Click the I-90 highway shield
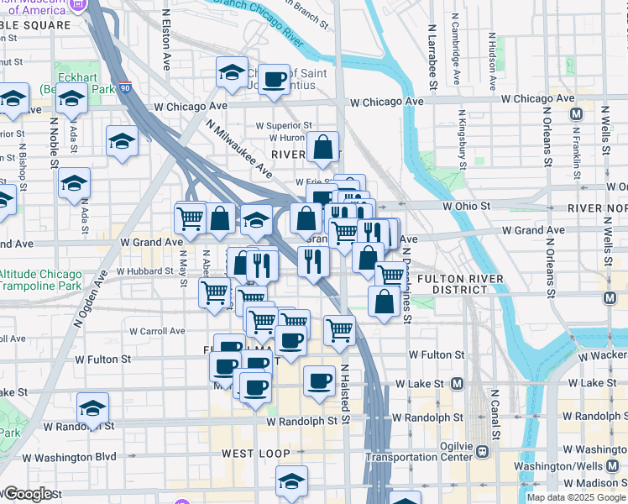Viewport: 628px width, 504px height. pos(124,87)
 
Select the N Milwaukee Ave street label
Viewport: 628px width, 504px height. pos(240,147)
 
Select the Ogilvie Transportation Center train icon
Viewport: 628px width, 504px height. pos(482,452)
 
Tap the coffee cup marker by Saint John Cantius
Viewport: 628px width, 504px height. pos(273,80)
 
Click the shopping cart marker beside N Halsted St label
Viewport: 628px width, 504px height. pos(339,330)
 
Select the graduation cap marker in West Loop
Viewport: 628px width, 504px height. pos(291,480)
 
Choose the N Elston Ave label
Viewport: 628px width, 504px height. pos(166,39)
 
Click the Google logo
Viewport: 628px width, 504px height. pos(28,494)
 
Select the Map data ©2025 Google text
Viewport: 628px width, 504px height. pos(575,497)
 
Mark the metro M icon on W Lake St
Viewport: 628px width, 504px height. pos(458,383)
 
